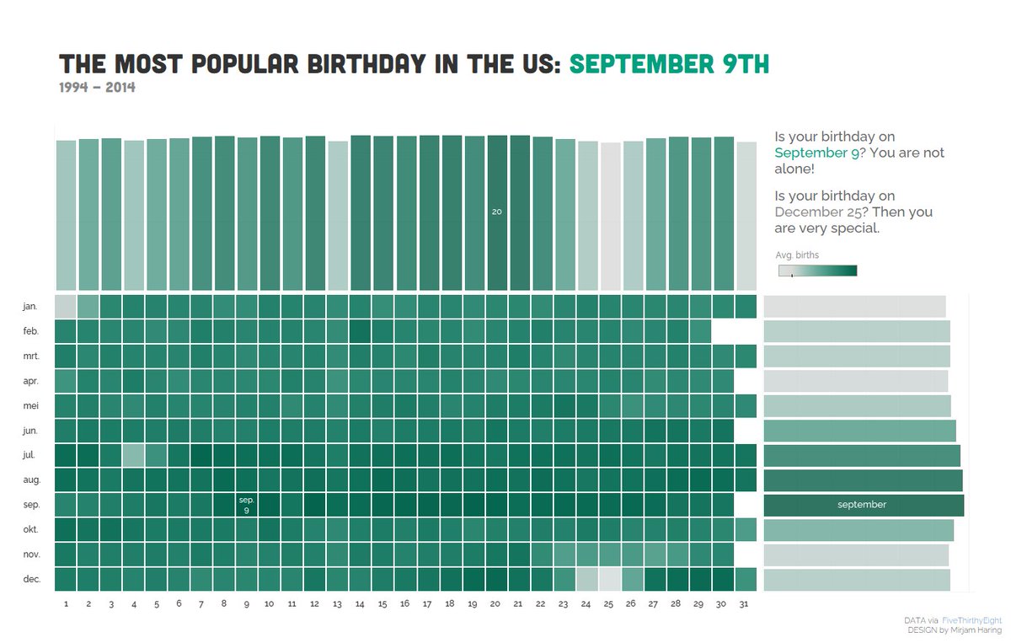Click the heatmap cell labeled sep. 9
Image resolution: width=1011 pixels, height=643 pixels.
[x=247, y=505]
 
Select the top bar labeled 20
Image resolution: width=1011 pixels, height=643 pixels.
[x=497, y=212]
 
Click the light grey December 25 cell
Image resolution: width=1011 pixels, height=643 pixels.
[x=610, y=579]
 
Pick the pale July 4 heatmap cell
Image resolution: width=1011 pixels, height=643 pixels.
[x=133, y=455]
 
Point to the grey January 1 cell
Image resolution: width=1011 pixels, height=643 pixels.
[x=66, y=306]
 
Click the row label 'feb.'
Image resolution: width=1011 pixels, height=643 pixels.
[x=30, y=332]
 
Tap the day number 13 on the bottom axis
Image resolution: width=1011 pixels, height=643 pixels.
[x=337, y=604]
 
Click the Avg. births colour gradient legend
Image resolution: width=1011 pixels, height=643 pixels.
[x=817, y=271]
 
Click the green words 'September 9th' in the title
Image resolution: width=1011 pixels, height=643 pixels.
[x=669, y=64]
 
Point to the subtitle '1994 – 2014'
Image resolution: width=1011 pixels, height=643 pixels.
[x=97, y=88]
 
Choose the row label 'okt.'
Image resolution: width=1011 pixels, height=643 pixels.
[x=30, y=530]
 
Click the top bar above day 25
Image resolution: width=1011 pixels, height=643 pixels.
[x=610, y=215]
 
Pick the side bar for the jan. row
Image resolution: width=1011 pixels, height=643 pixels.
[x=854, y=306]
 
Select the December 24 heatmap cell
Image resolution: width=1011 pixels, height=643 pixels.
[x=587, y=579]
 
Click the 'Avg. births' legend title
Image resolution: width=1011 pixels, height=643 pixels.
[x=797, y=255]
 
